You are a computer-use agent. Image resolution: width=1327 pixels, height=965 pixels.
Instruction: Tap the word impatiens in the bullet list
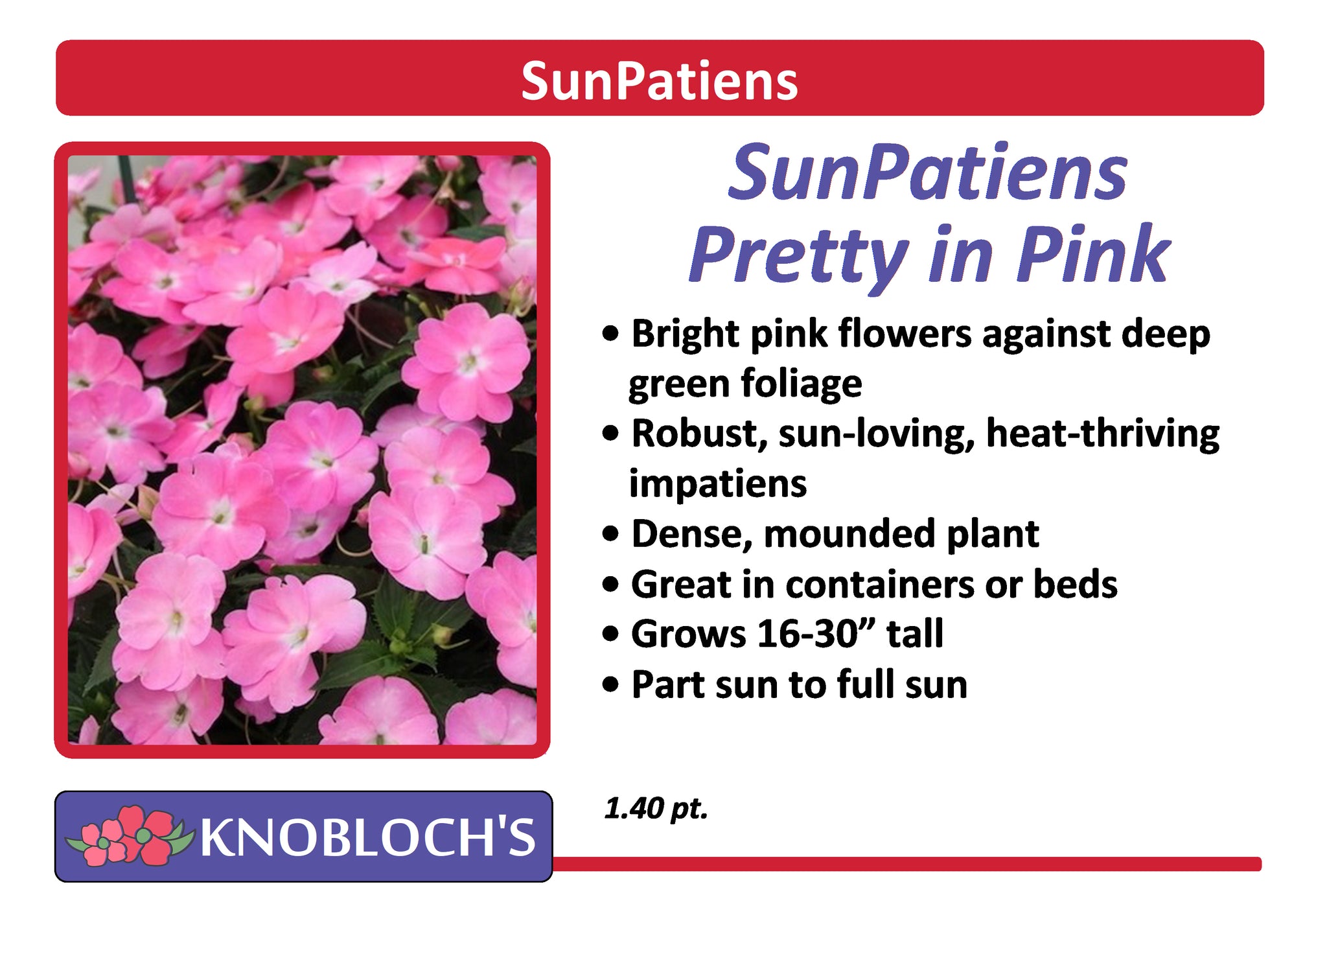(718, 483)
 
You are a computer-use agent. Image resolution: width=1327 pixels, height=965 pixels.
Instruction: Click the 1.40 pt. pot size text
(656, 808)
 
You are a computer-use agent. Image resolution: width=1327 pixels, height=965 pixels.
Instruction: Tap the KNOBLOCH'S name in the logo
(368, 836)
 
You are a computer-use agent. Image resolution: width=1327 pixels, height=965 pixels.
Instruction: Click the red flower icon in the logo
(130, 835)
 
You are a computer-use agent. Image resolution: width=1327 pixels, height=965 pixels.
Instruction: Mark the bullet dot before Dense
(610, 535)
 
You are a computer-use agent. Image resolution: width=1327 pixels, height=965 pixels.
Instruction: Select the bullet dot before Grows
(610, 634)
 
